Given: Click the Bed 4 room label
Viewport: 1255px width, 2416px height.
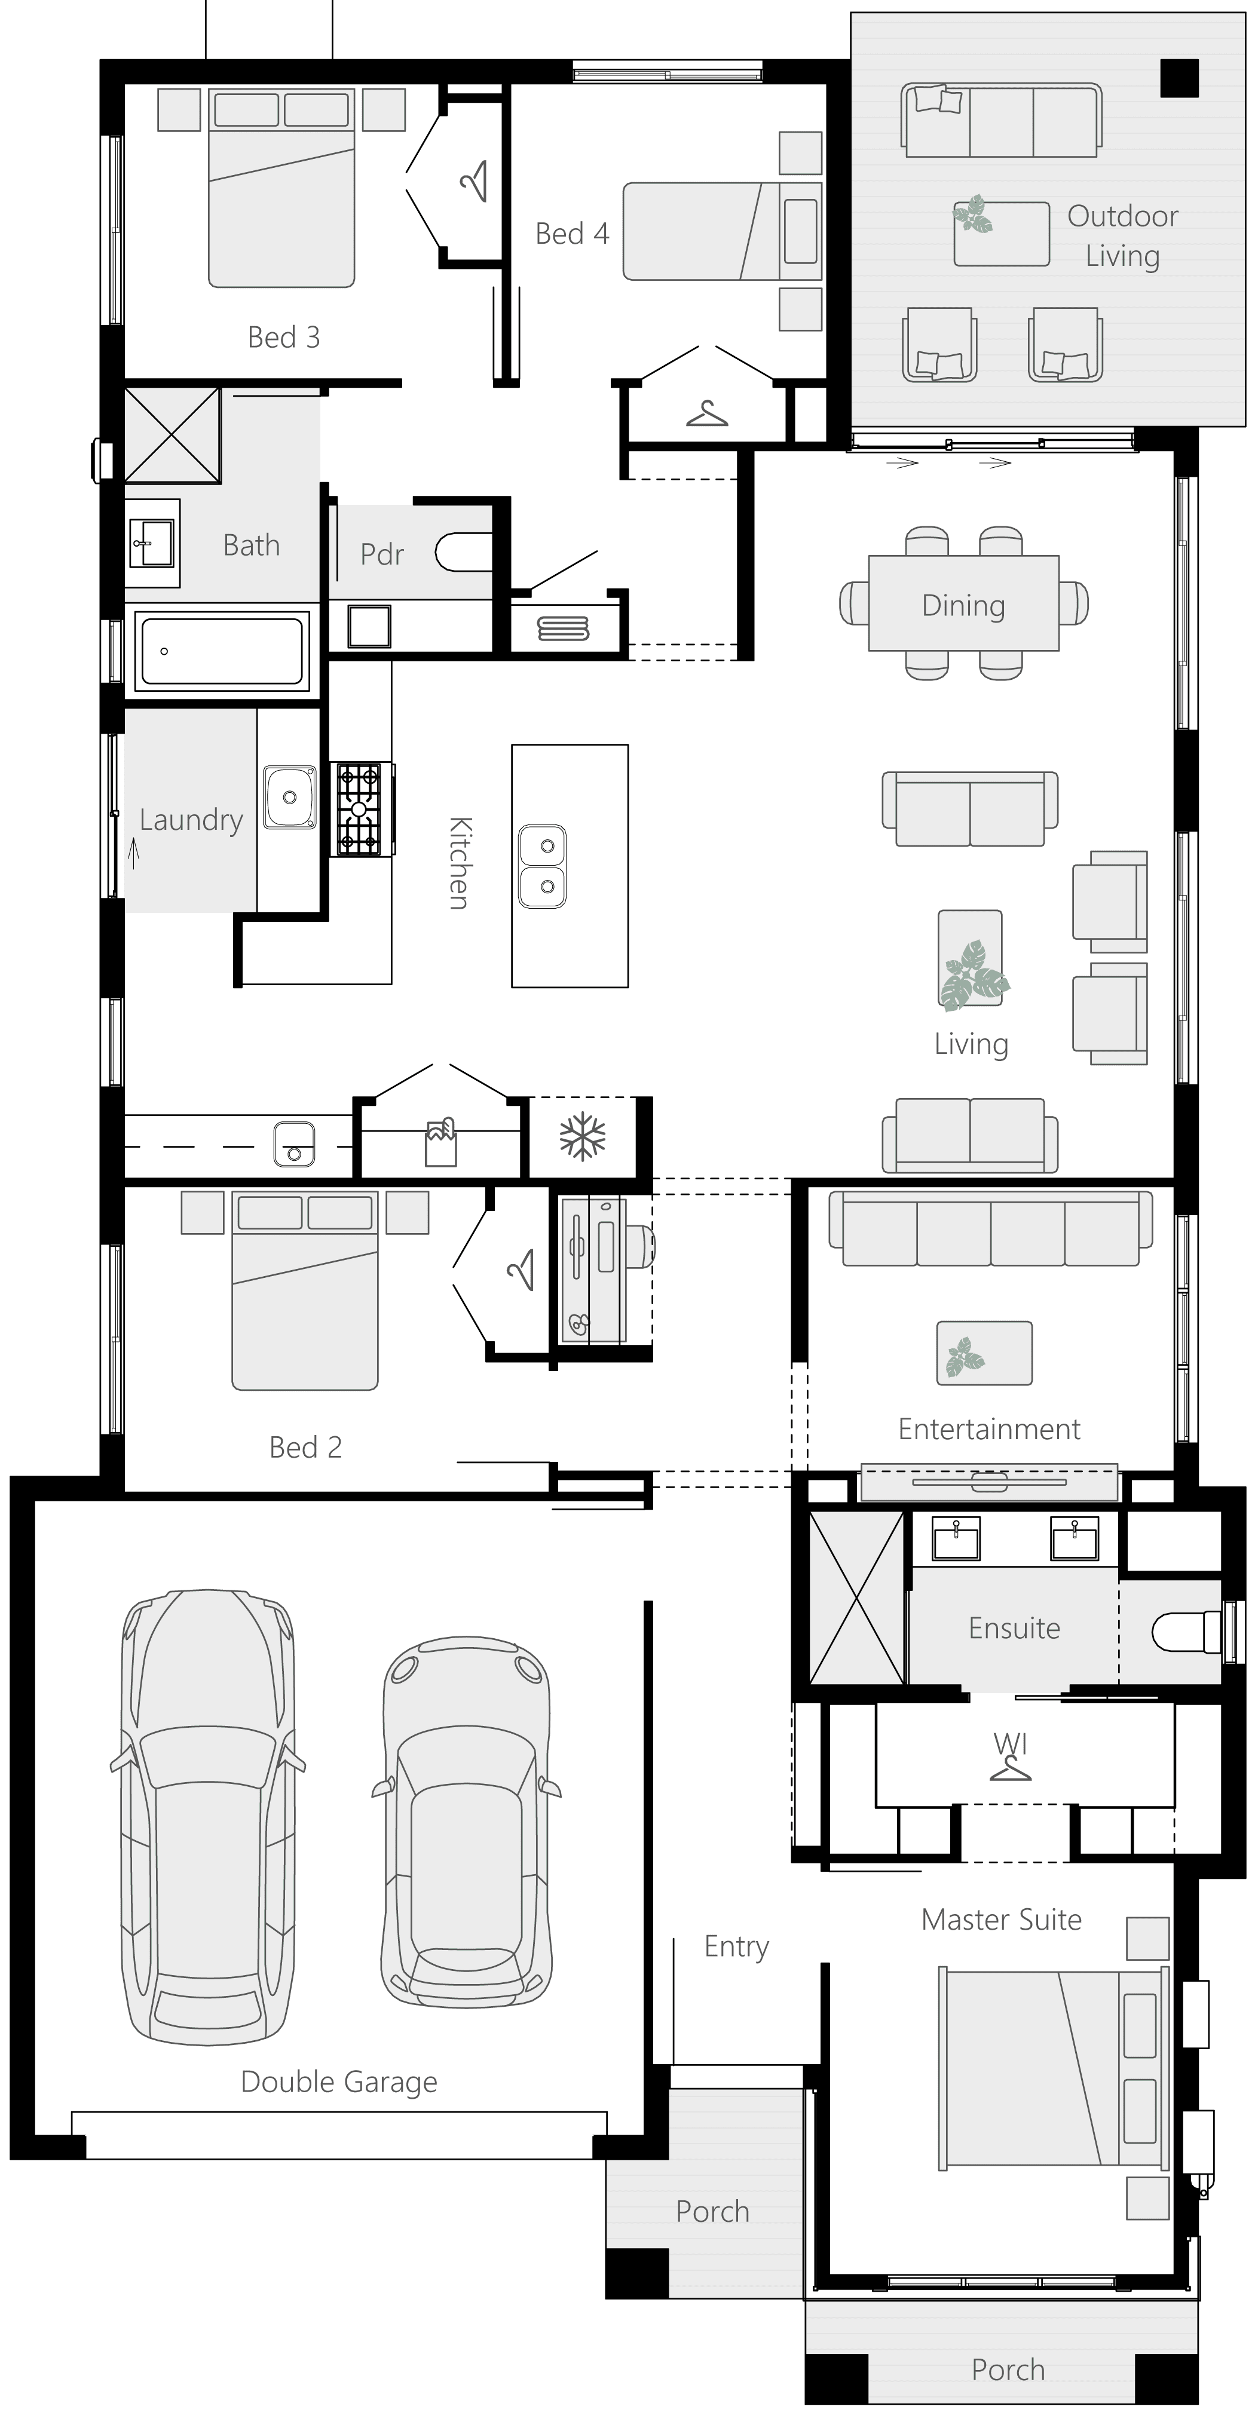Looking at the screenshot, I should point(572,234).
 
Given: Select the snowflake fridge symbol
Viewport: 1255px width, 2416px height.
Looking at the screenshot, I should point(583,1137).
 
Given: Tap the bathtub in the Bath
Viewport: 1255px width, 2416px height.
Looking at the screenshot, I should point(221,650).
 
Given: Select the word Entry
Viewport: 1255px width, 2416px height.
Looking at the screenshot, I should point(736,1947).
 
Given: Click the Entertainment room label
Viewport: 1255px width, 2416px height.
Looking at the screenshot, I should point(988,1428).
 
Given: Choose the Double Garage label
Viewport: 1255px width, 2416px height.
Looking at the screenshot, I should point(339,2081).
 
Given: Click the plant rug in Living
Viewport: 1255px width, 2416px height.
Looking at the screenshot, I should point(970,958).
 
